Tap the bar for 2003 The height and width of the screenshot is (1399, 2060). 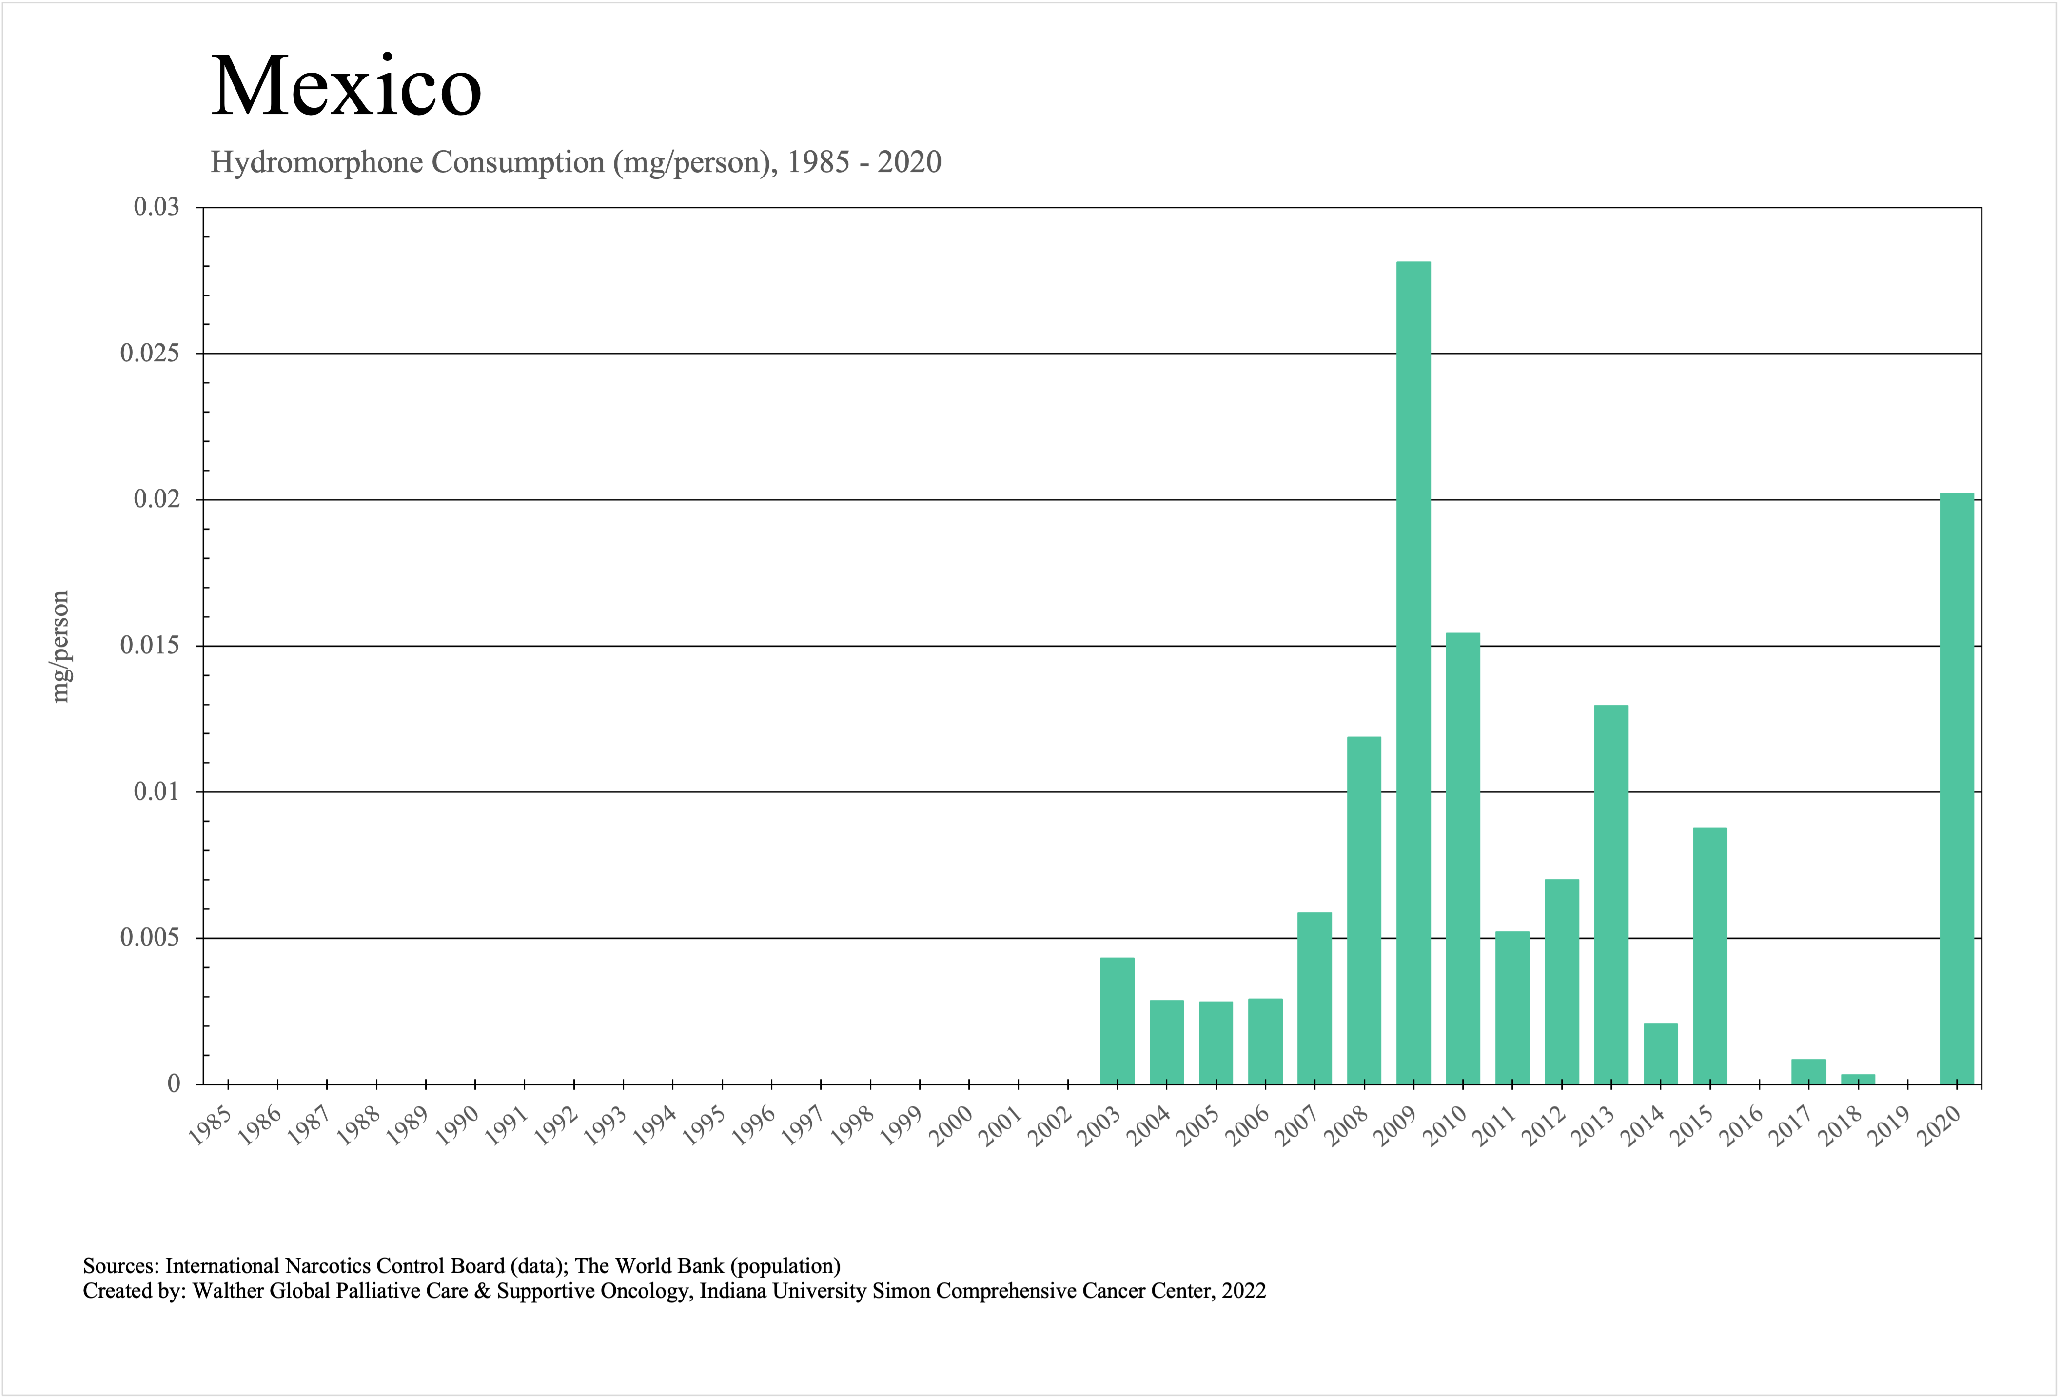1117,1021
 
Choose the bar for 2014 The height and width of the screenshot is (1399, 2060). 1660,1053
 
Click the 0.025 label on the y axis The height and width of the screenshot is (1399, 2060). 149,354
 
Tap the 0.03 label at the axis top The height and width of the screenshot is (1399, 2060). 156,207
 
